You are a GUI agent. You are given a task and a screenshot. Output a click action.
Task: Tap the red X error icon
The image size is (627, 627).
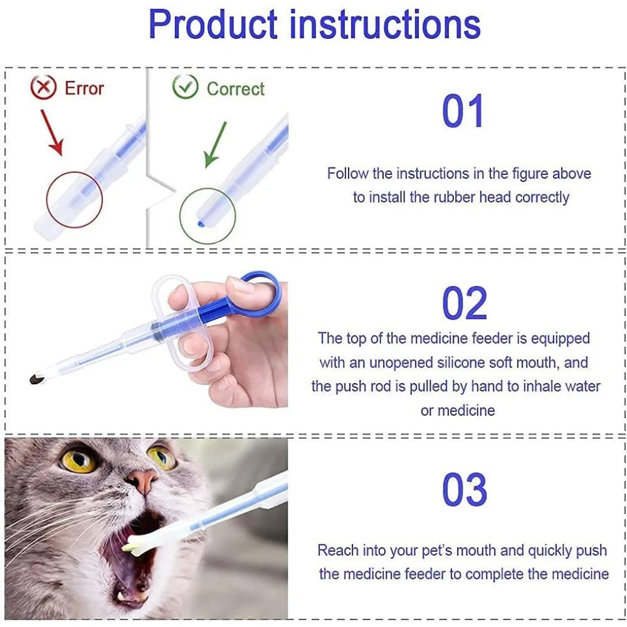coord(43,88)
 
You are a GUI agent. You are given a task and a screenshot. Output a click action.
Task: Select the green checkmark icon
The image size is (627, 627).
coord(185,88)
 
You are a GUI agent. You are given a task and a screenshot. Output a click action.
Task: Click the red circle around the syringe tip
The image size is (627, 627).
coord(74,199)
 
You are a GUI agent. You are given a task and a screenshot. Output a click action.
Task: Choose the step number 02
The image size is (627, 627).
coord(464,303)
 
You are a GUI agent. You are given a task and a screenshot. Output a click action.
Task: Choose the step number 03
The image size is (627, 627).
coord(464,490)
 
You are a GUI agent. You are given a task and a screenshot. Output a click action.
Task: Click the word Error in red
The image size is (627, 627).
coord(84,88)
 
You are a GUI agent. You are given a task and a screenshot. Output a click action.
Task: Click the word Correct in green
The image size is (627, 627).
coord(236,89)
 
